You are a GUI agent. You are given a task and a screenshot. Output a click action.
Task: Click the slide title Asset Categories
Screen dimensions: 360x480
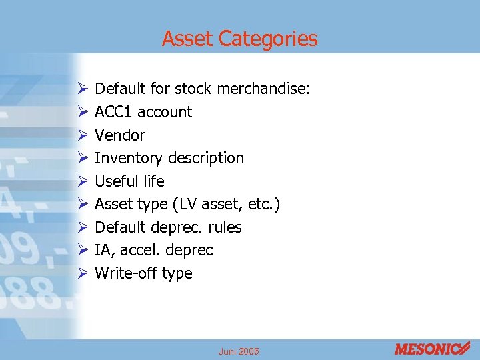pyautogui.click(x=239, y=39)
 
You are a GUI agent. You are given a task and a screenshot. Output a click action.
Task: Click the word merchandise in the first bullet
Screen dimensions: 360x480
pyautogui.click(x=267, y=89)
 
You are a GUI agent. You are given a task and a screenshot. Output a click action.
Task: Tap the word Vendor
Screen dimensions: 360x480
pyautogui.click(x=120, y=135)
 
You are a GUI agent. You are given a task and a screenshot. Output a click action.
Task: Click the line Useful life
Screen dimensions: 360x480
pyautogui.click(x=129, y=181)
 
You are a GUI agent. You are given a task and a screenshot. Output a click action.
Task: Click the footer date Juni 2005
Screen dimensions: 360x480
pyautogui.click(x=239, y=351)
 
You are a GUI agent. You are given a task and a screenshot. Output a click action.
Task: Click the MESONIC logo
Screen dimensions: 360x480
pyautogui.click(x=433, y=349)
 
